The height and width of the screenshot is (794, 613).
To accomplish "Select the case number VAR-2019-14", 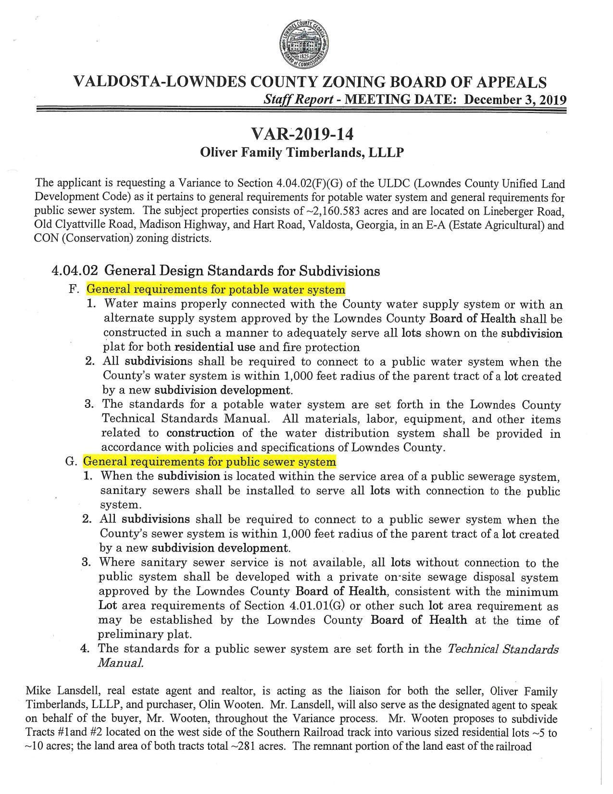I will click(x=305, y=133).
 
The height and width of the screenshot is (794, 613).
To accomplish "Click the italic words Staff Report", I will click(x=299, y=100).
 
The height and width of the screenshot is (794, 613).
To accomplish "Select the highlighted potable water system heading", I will click(x=215, y=290).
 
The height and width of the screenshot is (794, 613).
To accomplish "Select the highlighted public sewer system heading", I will click(x=210, y=462).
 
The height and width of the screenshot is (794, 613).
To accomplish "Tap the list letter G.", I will click(x=71, y=462).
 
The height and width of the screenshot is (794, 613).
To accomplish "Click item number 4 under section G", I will click(x=85, y=648).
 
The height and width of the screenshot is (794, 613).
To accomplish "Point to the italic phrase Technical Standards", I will click(x=503, y=649).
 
